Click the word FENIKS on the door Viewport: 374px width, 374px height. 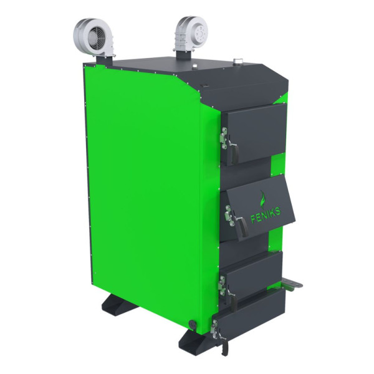point(266,214)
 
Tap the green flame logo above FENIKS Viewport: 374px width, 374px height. point(263,199)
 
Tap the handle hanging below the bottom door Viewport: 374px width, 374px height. point(224,345)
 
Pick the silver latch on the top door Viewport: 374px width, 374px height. point(224,138)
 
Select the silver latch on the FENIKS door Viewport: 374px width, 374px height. point(229,216)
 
